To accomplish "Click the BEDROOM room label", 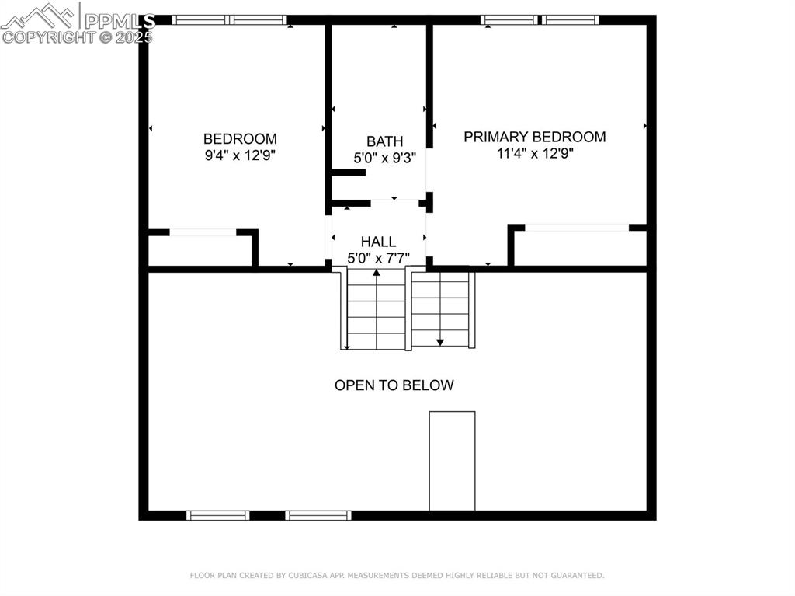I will (240, 138).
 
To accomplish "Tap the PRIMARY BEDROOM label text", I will (534, 137).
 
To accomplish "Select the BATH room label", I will (384, 141).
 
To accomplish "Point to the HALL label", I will (378, 242).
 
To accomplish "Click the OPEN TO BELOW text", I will (394, 385).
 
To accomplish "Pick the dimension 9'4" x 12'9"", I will (240, 155).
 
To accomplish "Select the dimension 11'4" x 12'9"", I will (534, 153).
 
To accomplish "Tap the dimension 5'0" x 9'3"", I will (384, 158).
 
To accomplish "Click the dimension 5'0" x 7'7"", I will (378, 258).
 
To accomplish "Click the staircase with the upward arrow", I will (377, 309).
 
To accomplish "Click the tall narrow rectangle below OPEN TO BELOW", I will (452, 461).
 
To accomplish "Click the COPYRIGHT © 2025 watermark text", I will (78, 37).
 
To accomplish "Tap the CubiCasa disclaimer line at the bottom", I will (397, 576).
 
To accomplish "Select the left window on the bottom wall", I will (218, 515).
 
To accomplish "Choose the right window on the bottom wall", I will (318, 515).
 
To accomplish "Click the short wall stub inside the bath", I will (349, 173).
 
